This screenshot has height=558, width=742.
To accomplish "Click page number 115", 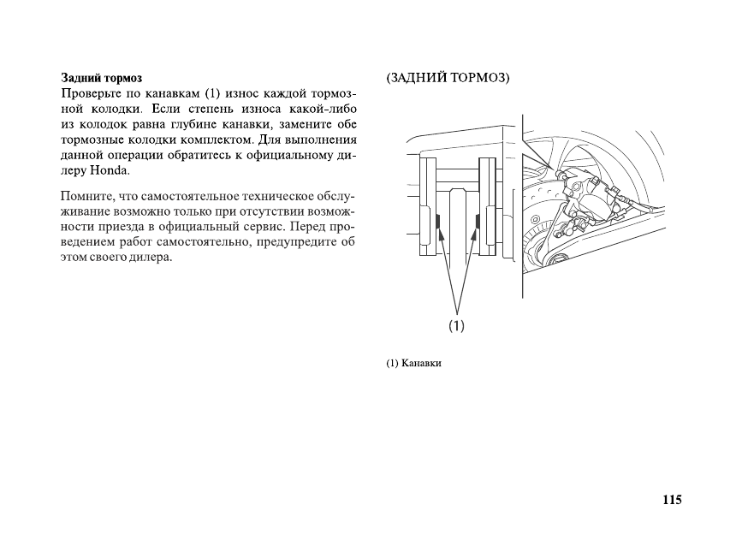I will tap(671, 500).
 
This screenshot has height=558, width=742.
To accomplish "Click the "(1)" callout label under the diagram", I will tap(456, 325).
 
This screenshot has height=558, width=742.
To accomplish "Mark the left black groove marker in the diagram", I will tap(437, 223).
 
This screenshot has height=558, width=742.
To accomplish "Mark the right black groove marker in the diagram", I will tap(474, 223).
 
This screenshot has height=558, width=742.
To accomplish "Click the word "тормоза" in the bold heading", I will tap(123, 78).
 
